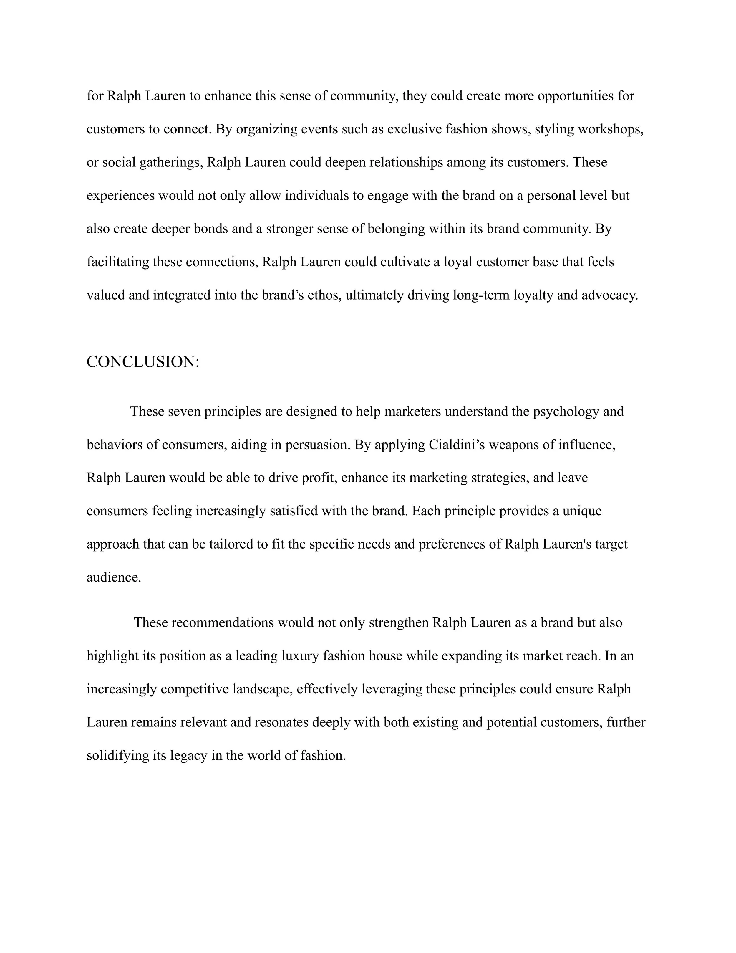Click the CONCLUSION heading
point(142,362)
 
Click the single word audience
point(114,577)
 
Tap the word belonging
point(396,229)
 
